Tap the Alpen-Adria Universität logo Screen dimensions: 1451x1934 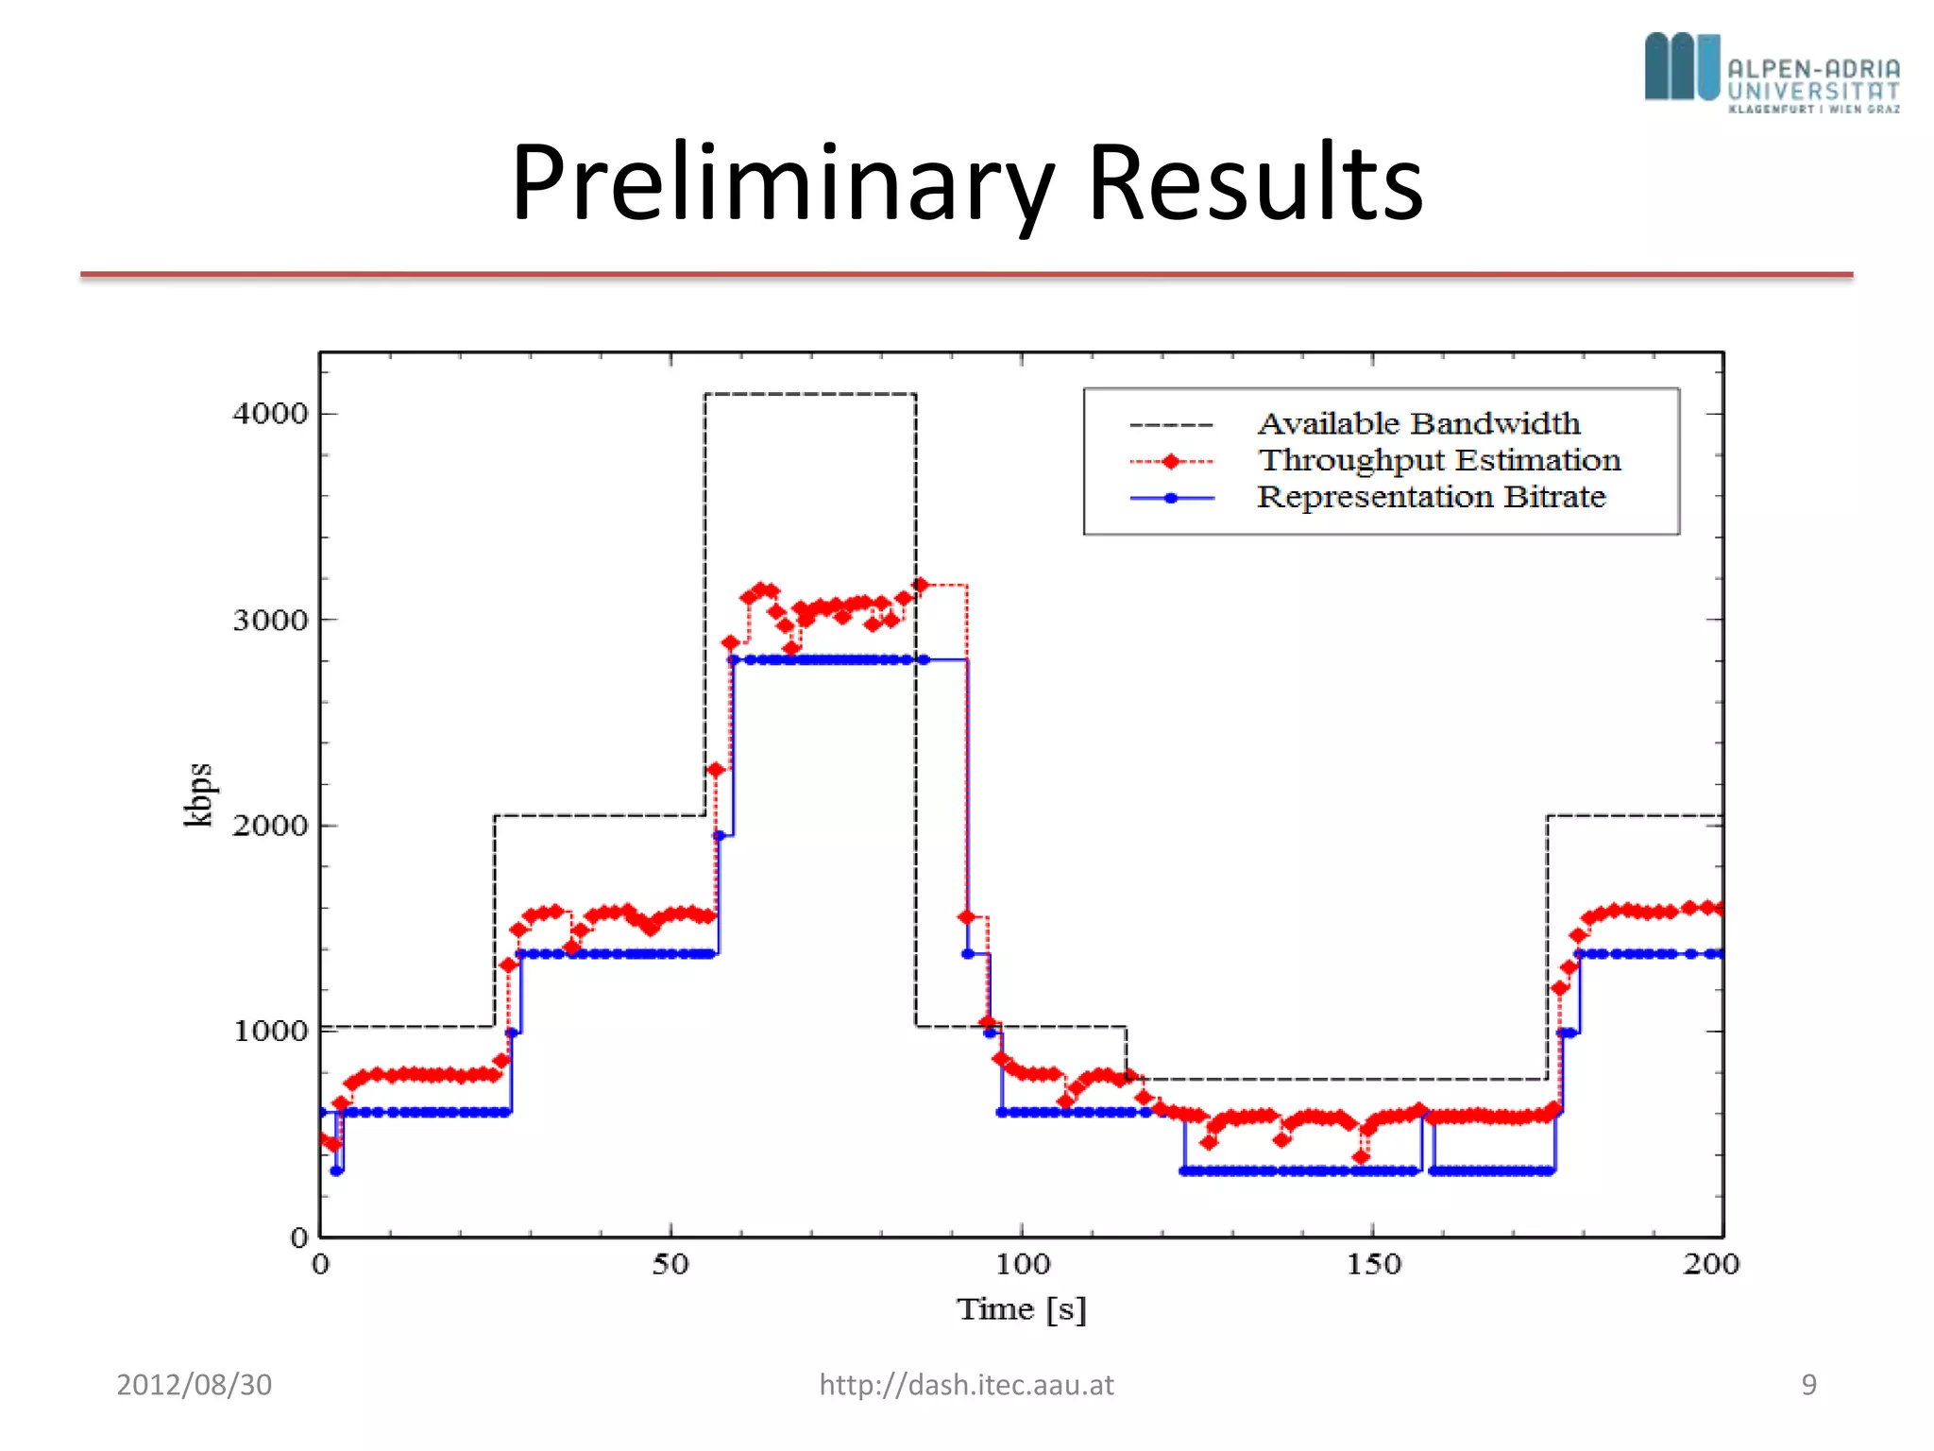1772,73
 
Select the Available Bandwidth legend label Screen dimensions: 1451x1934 1418,423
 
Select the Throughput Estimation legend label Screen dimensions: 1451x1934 1438,460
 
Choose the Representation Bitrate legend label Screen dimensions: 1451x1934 1431,497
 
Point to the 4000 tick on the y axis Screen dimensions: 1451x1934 271,414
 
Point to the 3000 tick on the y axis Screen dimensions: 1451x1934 271,621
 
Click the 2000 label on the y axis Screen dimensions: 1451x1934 271,826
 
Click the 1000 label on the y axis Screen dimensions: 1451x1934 271,1031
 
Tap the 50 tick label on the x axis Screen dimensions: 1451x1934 670,1264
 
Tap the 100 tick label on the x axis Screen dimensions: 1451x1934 1022,1264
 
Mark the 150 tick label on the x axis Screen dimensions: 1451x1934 1373,1264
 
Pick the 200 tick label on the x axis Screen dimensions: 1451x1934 1710,1264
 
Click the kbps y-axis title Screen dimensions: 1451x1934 198,794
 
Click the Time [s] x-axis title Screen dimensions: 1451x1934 1022,1309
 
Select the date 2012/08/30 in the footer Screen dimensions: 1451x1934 194,1385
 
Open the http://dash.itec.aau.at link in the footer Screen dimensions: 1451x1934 966,1385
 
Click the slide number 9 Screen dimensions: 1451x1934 1808,1385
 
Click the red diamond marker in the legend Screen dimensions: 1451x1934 1171,461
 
